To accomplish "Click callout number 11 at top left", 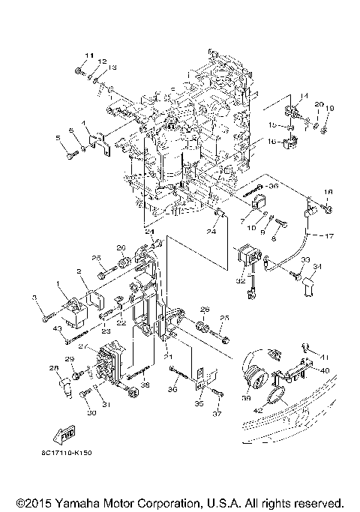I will click(x=88, y=56).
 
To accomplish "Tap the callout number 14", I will click(x=304, y=94).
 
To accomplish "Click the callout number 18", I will click(x=327, y=193).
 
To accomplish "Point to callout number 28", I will click(x=54, y=368).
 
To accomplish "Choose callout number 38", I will click(x=144, y=385).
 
